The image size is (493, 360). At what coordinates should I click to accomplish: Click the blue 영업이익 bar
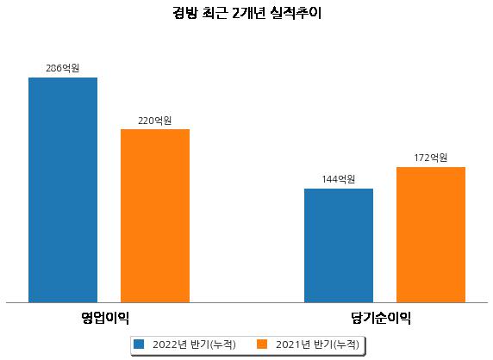(63, 190)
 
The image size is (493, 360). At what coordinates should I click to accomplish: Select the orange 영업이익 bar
(155, 216)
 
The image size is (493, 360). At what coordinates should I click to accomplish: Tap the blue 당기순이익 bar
(339, 245)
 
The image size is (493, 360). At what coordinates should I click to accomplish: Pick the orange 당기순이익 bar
(431, 234)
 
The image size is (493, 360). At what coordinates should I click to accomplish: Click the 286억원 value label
(63, 68)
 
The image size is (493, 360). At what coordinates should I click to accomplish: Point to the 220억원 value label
(155, 121)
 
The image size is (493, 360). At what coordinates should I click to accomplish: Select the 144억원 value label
(339, 179)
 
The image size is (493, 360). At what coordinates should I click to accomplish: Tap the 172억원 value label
(431, 158)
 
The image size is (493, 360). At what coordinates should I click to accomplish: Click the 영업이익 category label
(105, 318)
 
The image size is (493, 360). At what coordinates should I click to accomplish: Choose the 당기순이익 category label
(381, 318)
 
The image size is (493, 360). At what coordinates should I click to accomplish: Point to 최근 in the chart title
(215, 13)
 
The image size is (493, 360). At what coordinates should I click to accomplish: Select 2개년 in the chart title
(249, 13)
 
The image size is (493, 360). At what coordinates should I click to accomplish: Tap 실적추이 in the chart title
(296, 13)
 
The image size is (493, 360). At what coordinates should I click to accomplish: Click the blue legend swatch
(139, 344)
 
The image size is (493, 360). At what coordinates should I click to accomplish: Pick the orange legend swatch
(262, 344)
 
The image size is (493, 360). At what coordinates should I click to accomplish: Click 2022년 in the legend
(170, 344)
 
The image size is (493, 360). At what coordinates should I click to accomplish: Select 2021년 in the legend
(293, 344)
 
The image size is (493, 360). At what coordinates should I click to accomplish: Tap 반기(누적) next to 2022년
(214, 344)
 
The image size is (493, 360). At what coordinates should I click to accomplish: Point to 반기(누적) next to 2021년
(336, 344)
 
